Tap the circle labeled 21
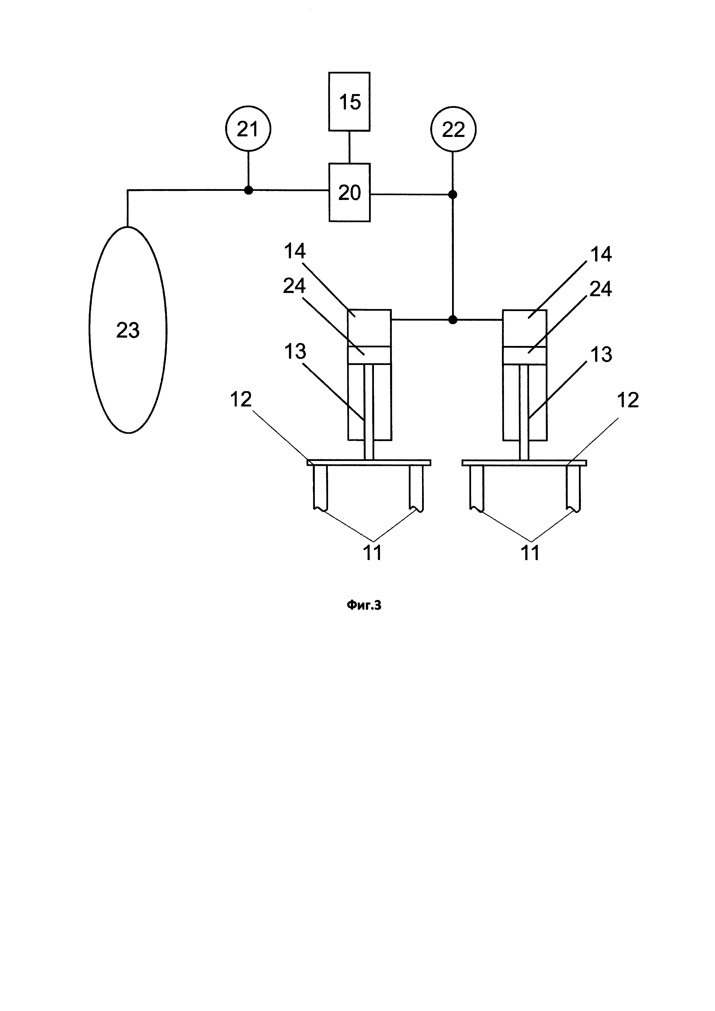[248, 129]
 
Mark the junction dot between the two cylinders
[452, 320]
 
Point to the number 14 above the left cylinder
[295, 251]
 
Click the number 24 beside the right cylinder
[601, 289]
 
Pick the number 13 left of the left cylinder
[295, 351]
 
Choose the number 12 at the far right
[627, 400]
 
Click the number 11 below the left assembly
[372, 553]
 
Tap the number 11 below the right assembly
[530, 553]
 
